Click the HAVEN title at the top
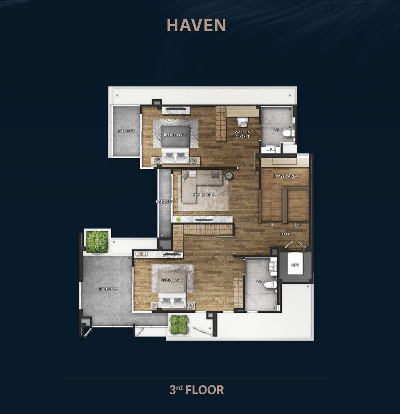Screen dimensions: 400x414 tap(196, 25)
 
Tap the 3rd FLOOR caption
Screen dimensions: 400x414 tap(197, 390)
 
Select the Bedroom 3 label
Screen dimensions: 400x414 tap(175, 135)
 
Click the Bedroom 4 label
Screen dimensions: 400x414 tap(172, 280)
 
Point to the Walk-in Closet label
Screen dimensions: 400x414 tap(242, 134)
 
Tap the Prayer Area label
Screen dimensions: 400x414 tap(285, 176)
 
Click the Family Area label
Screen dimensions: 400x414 tap(204, 195)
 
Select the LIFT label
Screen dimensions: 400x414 tap(295, 265)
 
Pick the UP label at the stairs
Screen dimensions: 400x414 tap(271, 225)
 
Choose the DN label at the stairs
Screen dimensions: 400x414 tap(298, 225)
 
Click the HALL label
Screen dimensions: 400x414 tap(285, 234)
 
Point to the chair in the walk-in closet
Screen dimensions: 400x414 tap(243, 122)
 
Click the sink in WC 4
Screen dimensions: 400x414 tap(272, 266)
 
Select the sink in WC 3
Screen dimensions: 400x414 tap(270, 149)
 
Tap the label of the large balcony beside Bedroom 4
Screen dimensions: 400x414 tap(108, 289)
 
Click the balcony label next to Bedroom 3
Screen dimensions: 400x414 tap(126, 131)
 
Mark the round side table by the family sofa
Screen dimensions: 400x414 tap(229, 175)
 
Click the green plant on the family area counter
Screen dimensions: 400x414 tap(178, 219)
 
